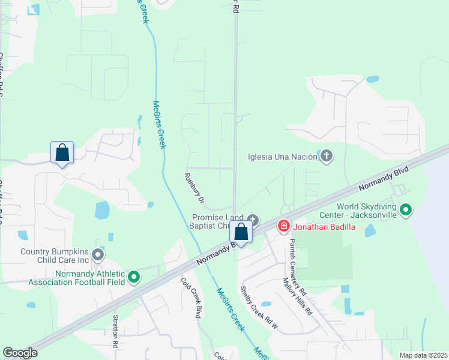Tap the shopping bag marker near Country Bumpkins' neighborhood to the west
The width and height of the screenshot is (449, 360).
62,152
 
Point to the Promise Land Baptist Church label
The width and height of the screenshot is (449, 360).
217,221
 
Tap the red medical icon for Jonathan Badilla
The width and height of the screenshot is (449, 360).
283,226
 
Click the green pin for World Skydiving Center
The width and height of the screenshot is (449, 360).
406,210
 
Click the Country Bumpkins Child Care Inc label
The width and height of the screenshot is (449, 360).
55,256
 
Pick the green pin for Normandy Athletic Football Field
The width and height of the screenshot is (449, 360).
134,278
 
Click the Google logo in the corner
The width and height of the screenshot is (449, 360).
20,353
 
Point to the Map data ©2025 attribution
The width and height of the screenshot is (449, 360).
423,355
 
